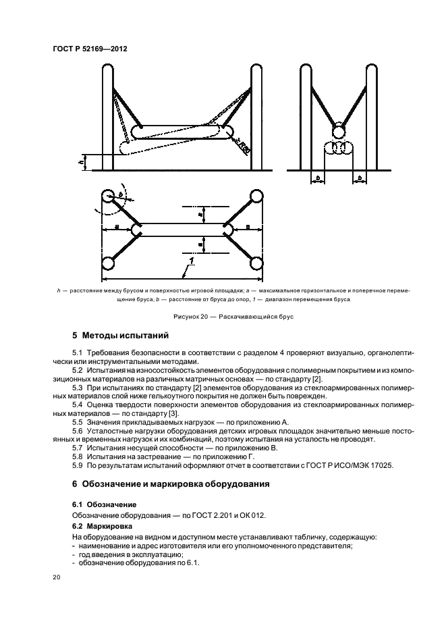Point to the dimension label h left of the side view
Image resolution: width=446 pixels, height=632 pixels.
(81, 162)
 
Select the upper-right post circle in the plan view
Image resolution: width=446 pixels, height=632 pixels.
(254, 197)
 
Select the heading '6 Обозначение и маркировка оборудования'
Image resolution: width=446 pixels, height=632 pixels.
(171, 484)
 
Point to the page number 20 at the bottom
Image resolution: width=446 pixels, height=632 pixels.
(57, 577)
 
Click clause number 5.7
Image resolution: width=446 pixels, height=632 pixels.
(76, 448)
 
